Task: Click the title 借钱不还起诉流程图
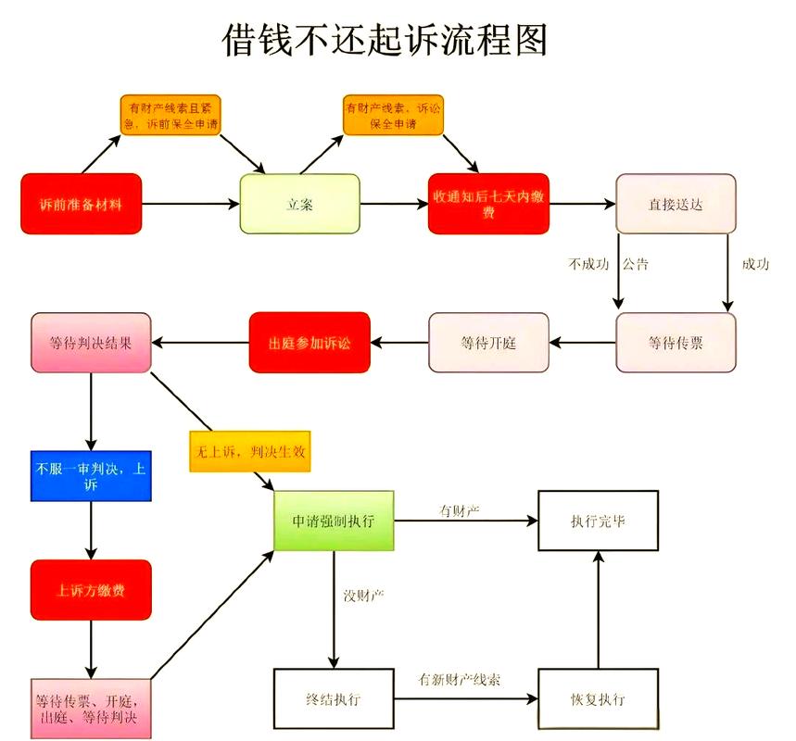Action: [x=385, y=41]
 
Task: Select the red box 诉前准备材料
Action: [x=82, y=204]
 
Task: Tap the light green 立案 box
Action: [x=299, y=204]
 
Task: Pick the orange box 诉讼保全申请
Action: [x=392, y=115]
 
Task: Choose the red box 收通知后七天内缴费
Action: [x=488, y=204]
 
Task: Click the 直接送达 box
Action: [x=676, y=204]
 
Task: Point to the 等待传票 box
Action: [x=676, y=343]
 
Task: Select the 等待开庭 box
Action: [x=488, y=343]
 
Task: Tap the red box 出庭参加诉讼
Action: [x=310, y=343]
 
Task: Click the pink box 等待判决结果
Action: [x=91, y=343]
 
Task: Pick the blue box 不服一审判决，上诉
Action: [x=91, y=476]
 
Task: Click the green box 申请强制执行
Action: [x=334, y=521]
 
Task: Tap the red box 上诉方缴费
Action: [x=91, y=590]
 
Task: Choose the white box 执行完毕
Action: [x=598, y=521]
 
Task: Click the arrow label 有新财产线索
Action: [x=460, y=680]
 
